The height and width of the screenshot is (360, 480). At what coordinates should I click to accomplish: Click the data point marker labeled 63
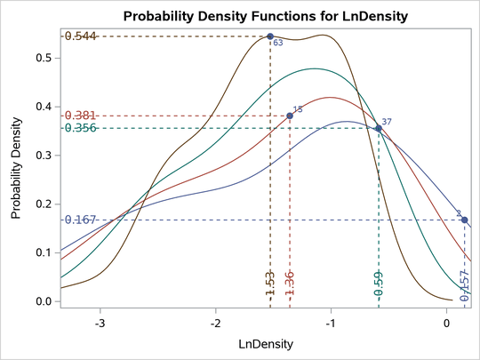click(x=270, y=36)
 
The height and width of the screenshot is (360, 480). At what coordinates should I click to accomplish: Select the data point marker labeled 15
click(x=290, y=116)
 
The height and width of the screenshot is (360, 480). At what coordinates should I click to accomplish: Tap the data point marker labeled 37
click(x=379, y=128)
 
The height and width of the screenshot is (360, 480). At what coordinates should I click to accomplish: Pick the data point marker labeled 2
click(x=464, y=220)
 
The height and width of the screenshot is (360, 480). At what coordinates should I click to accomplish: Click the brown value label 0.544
click(x=79, y=36)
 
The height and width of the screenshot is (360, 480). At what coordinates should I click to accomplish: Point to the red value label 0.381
click(x=79, y=116)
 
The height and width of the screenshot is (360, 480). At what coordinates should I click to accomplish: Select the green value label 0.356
click(x=79, y=128)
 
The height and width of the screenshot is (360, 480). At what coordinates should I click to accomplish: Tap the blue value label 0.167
click(x=79, y=220)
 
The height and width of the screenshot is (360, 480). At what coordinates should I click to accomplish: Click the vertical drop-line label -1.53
click(x=270, y=284)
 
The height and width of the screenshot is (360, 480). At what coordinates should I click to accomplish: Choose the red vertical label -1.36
click(x=290, y=284)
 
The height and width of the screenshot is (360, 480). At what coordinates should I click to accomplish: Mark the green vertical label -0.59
click(x=379, y=284)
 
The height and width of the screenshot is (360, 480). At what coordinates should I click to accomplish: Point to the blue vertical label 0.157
click(x=464, y=286)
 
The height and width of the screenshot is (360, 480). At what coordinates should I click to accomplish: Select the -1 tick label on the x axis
click(x=331, y=323)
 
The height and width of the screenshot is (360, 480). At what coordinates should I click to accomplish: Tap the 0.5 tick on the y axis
click(x=44, y=58)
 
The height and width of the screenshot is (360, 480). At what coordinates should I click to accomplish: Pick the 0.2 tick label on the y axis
click(x=44, y=204)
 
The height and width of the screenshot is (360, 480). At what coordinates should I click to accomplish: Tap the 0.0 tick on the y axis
click(x=44, y=302)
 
